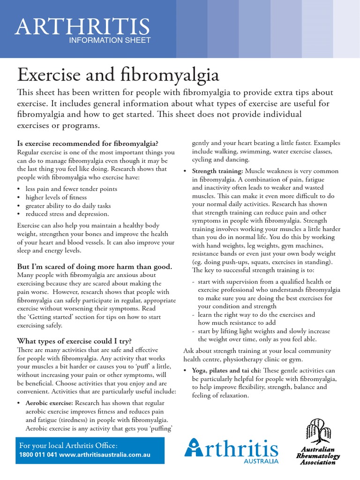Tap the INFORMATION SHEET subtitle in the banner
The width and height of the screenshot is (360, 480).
click(110, 40)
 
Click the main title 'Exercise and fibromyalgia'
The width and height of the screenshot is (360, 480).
click(118, 75)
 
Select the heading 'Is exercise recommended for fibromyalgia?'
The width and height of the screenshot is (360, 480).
click(88, 142)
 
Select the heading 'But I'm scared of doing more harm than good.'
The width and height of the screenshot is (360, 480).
click(94, 267)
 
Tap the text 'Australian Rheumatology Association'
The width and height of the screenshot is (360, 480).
click(318, 455)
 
